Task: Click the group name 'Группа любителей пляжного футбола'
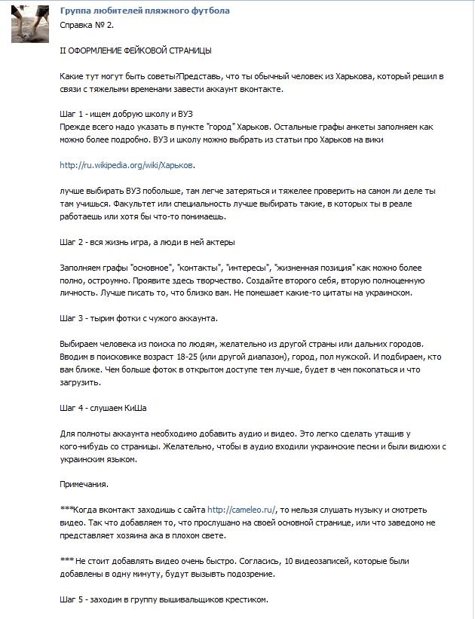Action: [x=145, y=11]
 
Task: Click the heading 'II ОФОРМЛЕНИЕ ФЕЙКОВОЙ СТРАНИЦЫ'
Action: [x=136, y=51]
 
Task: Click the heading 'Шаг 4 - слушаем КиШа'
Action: [x=103, y=409]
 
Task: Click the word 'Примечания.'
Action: [x=84, y=486]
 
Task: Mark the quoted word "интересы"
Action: [x=248, y=268]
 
